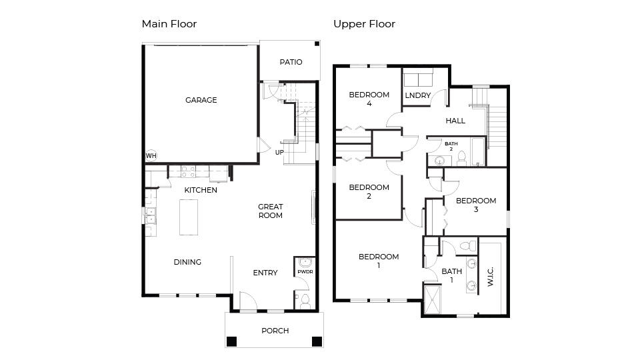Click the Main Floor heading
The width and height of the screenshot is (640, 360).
[x=169, y=24]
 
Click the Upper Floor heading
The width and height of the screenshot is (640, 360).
[x=364, y=24]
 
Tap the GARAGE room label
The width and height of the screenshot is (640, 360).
[x=201, y=100]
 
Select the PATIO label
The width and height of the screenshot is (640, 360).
[x=291, y=62]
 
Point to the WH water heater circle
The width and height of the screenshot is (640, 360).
[x=151, y=155]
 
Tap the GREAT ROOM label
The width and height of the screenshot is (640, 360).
[x=271, y=211]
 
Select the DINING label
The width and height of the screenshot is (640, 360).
[x=187, y=262]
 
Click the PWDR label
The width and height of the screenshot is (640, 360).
[x=305, y=272]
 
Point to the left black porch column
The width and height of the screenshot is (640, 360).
[x=231, y=341]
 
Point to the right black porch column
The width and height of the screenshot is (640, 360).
[x=317, y=341]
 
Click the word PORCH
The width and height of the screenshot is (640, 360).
[x=275, y=331]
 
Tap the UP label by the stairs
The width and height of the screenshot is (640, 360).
[x=280, y=152]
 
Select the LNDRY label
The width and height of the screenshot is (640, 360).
[x=417, y=95]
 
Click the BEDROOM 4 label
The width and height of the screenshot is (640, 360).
[x=369, y=99]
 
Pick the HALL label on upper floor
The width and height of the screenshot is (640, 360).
[x=455, y=121]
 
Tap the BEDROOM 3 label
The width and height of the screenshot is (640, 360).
[x=475, y=205]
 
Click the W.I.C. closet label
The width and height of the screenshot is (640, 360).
[x=491, y=274]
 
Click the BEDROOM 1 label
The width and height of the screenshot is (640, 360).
[x=379, y=261]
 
